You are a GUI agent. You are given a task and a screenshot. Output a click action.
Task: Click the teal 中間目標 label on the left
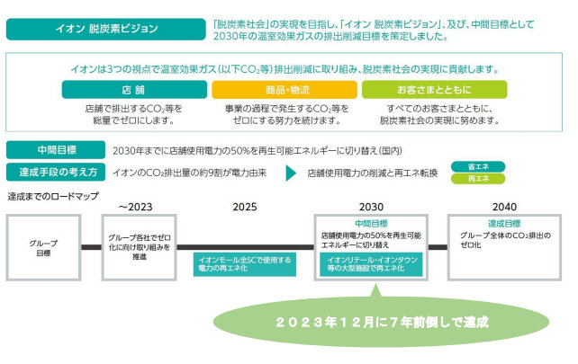(54, 149)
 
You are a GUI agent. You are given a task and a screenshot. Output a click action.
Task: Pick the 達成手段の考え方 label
(54, 172)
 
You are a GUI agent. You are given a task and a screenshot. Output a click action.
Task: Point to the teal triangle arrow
(292, 173)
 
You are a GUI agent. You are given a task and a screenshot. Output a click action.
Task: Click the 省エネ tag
(477, 166)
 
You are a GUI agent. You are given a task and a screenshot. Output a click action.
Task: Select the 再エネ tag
(477, 179)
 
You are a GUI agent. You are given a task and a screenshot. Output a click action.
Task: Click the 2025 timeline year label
(245, 206)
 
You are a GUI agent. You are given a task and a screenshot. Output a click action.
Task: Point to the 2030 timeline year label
(370, 206)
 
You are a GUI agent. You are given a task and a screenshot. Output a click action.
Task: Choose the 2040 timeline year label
(504, 206)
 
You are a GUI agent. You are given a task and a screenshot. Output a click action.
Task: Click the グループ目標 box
(44, 246)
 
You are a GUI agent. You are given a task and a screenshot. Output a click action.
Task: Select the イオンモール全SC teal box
(244, 264)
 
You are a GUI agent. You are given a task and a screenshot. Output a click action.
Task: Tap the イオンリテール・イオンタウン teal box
(370, 264)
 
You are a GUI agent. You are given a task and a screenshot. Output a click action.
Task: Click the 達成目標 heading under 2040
(504, 224)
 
